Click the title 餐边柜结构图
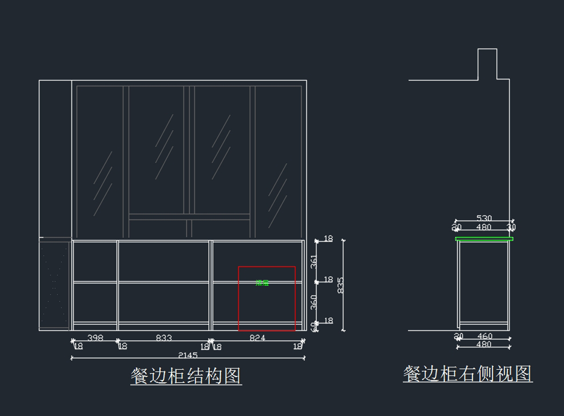coord(186,376)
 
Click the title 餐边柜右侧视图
coord(468,374)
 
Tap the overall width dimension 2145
coord(188,355)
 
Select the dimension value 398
coord(95,338)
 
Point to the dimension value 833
coord(164,338)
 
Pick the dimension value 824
coord(257,338)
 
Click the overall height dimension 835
coord(341,285)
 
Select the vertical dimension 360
coord(314,302)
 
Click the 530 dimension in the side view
coord(484,218)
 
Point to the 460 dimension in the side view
coord(485,336)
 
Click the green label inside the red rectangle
coord(262,283)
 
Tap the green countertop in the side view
coord(484,239)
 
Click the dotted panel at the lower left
coord(55,284)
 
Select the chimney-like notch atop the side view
coord(487,64)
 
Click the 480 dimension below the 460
coord(484,345)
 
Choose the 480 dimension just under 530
coord(484,227)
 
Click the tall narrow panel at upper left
coord(55,159)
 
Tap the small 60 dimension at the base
coord(313,326)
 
